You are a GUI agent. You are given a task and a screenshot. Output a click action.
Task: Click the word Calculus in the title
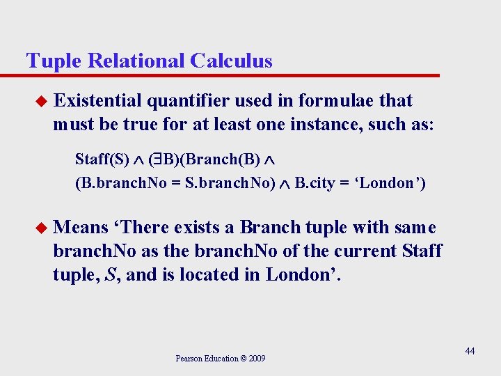click(x=231, y=61)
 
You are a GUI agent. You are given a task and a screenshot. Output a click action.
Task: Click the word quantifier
click(x=189, y=101)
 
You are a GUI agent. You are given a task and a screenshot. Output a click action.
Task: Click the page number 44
click(x=470, y=351)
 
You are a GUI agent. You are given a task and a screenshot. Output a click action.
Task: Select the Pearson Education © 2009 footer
click(x=220, y=359)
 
